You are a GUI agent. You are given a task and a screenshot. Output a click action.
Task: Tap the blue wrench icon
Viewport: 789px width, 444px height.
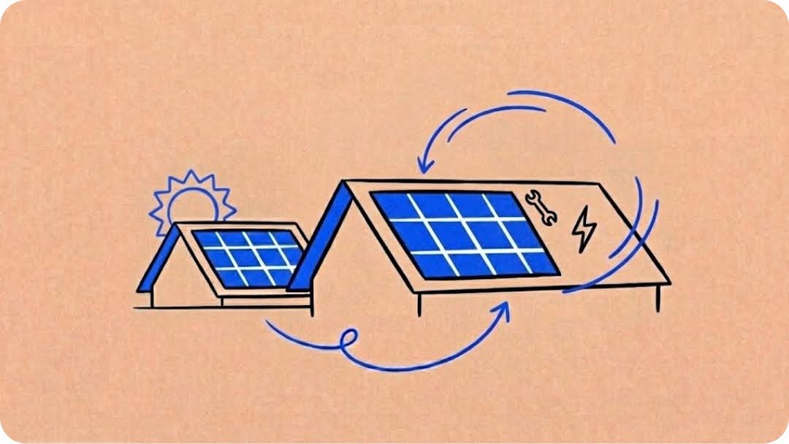point(541,207)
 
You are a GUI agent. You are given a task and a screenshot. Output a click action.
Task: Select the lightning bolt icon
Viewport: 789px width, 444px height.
point(584,229)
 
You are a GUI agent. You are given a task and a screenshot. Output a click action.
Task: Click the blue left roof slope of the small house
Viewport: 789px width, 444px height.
point(158,259)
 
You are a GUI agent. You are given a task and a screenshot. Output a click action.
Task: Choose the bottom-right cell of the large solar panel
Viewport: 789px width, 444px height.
point(538,263)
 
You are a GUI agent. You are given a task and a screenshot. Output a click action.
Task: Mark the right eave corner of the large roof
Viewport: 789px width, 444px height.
point(668,280)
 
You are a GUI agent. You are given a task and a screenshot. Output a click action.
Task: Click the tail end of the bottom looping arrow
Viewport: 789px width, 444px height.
point(267,321)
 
